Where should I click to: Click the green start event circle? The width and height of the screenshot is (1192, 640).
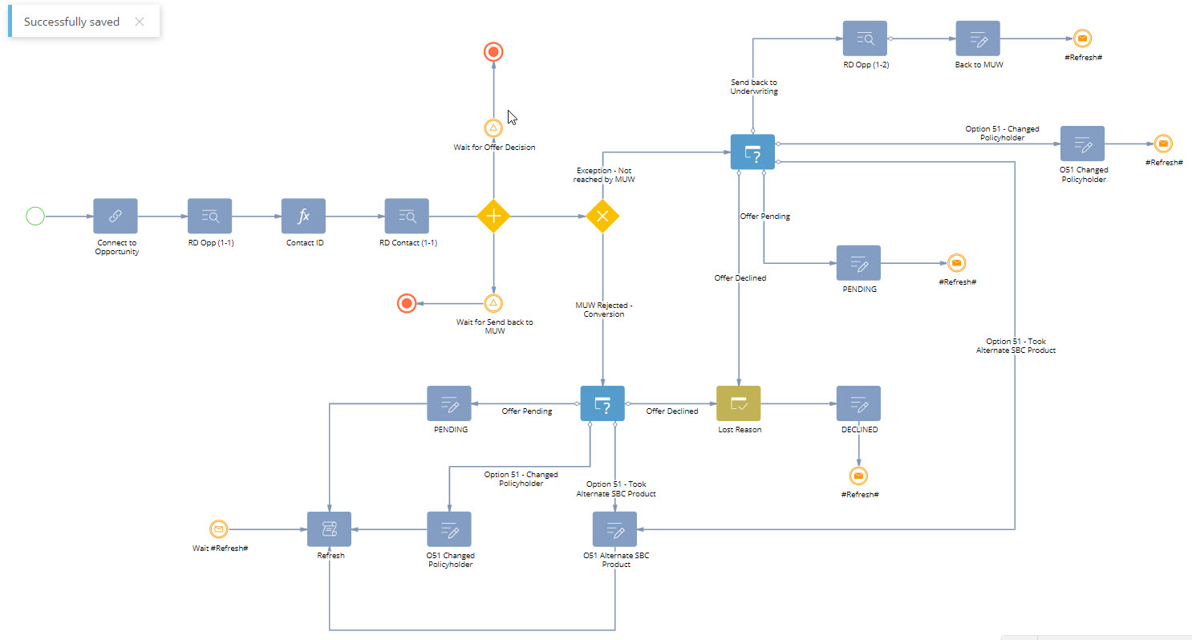(x=35, y=216)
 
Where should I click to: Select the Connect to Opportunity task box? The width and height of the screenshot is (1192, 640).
(x=116, y=216)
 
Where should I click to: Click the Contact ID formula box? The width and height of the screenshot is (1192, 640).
(x=303, y=216)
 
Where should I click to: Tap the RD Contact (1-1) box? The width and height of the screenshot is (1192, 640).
(x=407, y=216)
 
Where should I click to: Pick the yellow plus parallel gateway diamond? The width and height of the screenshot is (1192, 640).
(x=493, y=216)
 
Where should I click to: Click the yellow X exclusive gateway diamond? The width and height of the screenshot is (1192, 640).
(x=602, y=216)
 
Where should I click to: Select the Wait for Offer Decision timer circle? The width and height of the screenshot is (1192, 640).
(x=493, y=128)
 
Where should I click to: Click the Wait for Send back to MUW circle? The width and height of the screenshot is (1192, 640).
(x=493, y=303)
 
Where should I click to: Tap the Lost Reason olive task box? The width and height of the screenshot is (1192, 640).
(x=738, y=407)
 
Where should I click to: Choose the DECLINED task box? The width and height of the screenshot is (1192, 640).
(x=858, y=407)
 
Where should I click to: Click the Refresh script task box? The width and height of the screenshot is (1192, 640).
(x=330, y=529)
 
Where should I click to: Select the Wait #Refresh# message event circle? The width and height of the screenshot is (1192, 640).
(x=218, y=529)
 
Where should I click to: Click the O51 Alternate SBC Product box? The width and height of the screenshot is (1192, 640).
(x=614, y=529)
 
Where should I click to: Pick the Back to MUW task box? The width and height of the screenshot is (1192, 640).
(x=978, y=38)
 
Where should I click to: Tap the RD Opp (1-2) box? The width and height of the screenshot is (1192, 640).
(x=865, y=38)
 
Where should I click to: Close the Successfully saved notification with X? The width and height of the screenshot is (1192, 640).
(x=140, y=22)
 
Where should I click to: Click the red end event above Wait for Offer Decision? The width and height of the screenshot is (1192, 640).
(x=493, y=53)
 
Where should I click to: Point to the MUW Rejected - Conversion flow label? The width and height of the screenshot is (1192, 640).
(x=603, y=310)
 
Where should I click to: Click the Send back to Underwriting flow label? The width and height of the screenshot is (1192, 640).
(x=753, y=87)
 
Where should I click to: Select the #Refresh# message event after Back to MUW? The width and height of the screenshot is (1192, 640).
(x=1082, y=38)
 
